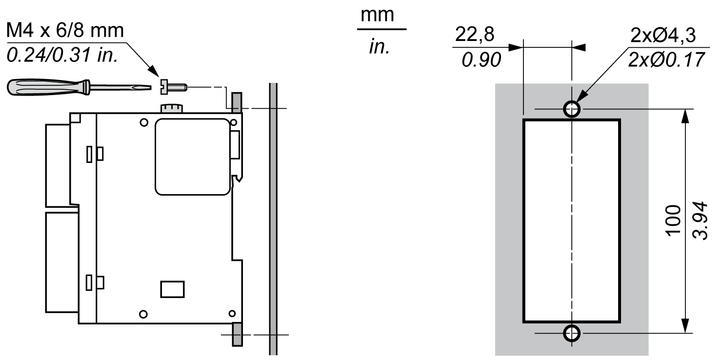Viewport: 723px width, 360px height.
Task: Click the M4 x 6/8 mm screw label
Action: [65, 31]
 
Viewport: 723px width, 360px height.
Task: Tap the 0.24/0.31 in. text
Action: [62, 55]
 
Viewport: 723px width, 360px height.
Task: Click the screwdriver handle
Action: [48, 87]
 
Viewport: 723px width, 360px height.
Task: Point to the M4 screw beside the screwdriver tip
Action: [174, 87]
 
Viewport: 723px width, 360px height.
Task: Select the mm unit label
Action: [377, 15]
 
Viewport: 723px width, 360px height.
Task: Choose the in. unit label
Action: [380, 47]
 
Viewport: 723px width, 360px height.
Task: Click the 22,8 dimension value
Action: [475, 34]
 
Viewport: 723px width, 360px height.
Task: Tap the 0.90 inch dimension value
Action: [481, 60]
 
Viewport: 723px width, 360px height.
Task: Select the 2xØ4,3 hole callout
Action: [663, 35]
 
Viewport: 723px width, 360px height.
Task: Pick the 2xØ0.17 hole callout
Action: [666, 60]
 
